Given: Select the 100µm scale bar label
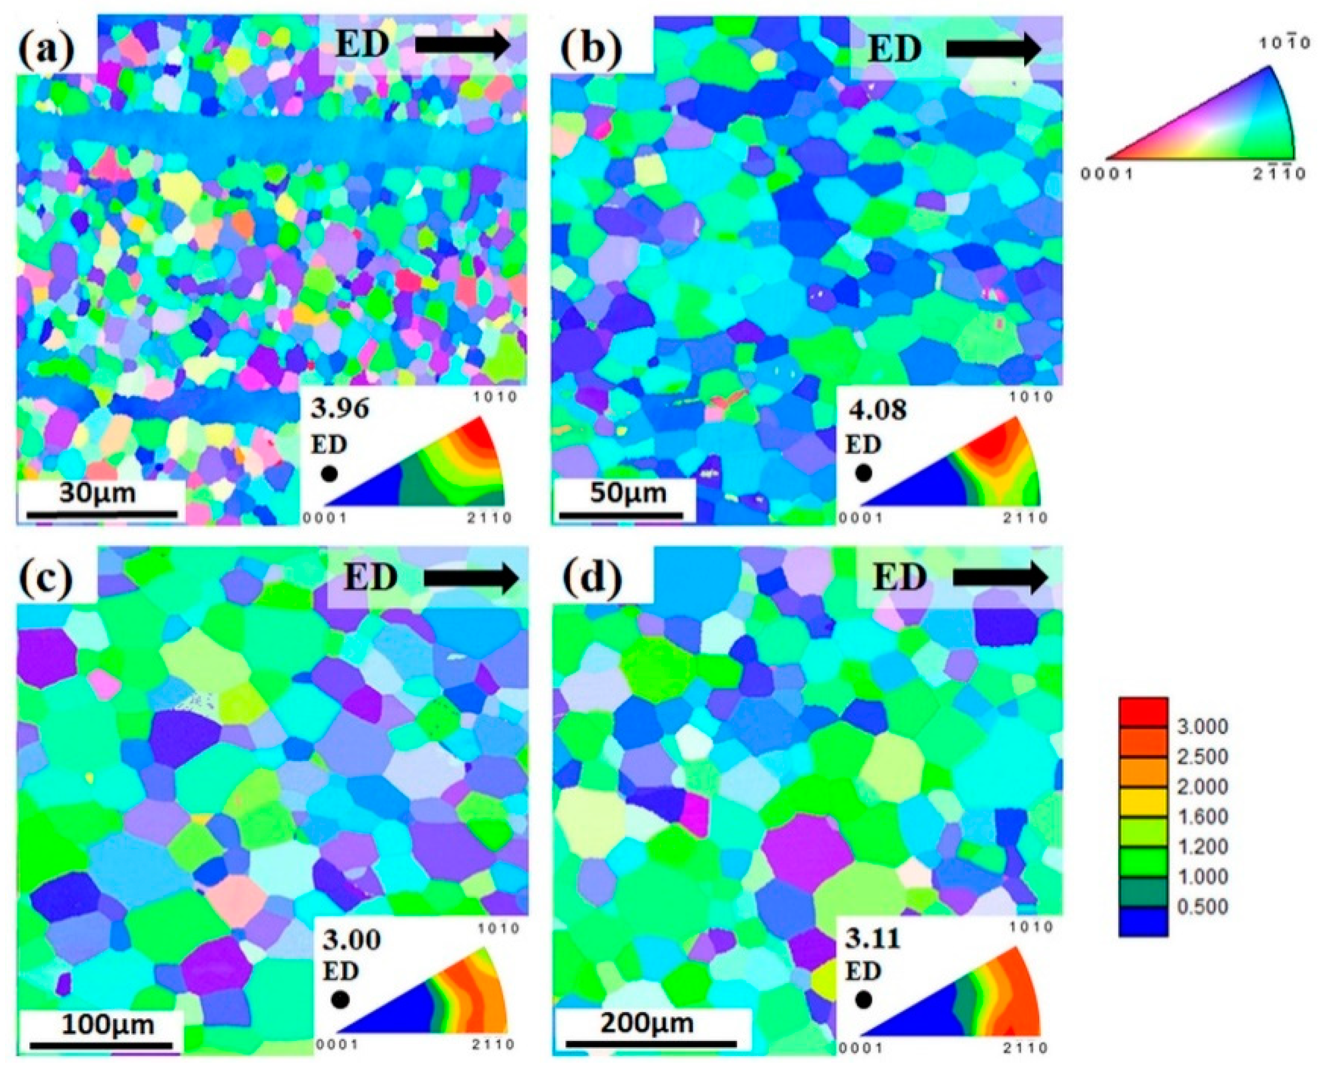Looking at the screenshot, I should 100,1025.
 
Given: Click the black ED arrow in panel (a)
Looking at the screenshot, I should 463,46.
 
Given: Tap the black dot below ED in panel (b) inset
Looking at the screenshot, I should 863,473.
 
